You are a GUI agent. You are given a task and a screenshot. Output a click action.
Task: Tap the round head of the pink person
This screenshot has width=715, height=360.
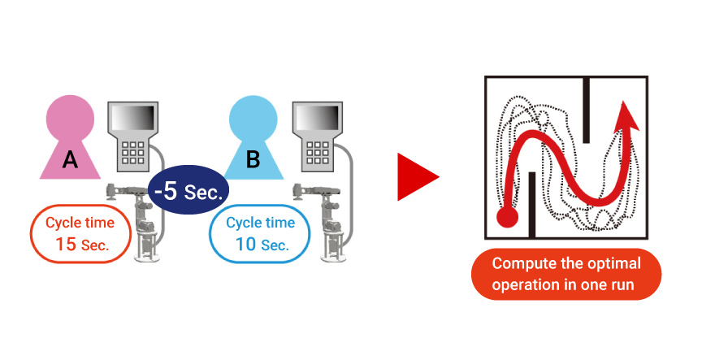70,119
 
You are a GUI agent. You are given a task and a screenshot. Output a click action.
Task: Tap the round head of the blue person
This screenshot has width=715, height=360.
253,119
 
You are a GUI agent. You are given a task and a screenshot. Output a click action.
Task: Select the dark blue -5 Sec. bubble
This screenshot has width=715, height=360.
189,193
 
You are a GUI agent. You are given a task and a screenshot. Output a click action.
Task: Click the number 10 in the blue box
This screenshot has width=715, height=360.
245,244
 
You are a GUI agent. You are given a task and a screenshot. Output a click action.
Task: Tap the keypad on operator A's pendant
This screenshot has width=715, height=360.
132,154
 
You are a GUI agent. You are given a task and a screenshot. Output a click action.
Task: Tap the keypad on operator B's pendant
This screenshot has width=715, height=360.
315,154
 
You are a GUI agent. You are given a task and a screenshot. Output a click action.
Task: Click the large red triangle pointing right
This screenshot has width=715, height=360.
416,176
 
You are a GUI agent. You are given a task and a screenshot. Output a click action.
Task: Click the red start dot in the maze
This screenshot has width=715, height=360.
507,217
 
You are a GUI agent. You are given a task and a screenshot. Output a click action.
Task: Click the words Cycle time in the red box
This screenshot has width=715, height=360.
80,223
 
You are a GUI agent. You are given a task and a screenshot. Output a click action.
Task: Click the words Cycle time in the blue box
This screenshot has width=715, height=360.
260,223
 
